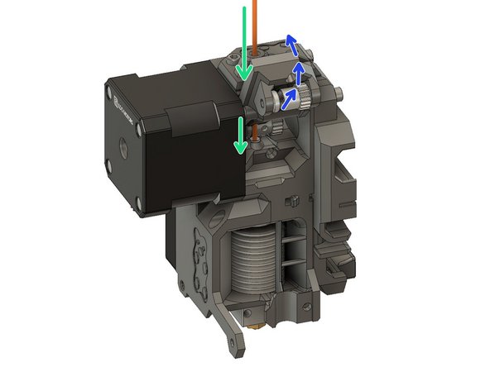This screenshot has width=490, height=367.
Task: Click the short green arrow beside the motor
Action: [x=240, y=135]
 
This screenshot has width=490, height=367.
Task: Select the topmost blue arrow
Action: [x=291, y=41]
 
